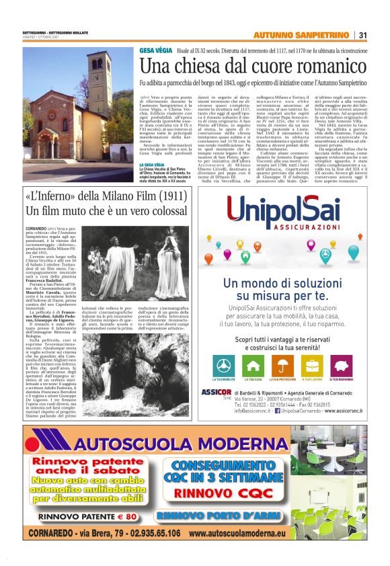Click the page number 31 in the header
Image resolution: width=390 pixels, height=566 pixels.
pos(362,35)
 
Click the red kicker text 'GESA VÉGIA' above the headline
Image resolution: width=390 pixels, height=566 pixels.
pos(154,50)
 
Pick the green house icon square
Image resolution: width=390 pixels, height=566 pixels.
pos(272,365)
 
